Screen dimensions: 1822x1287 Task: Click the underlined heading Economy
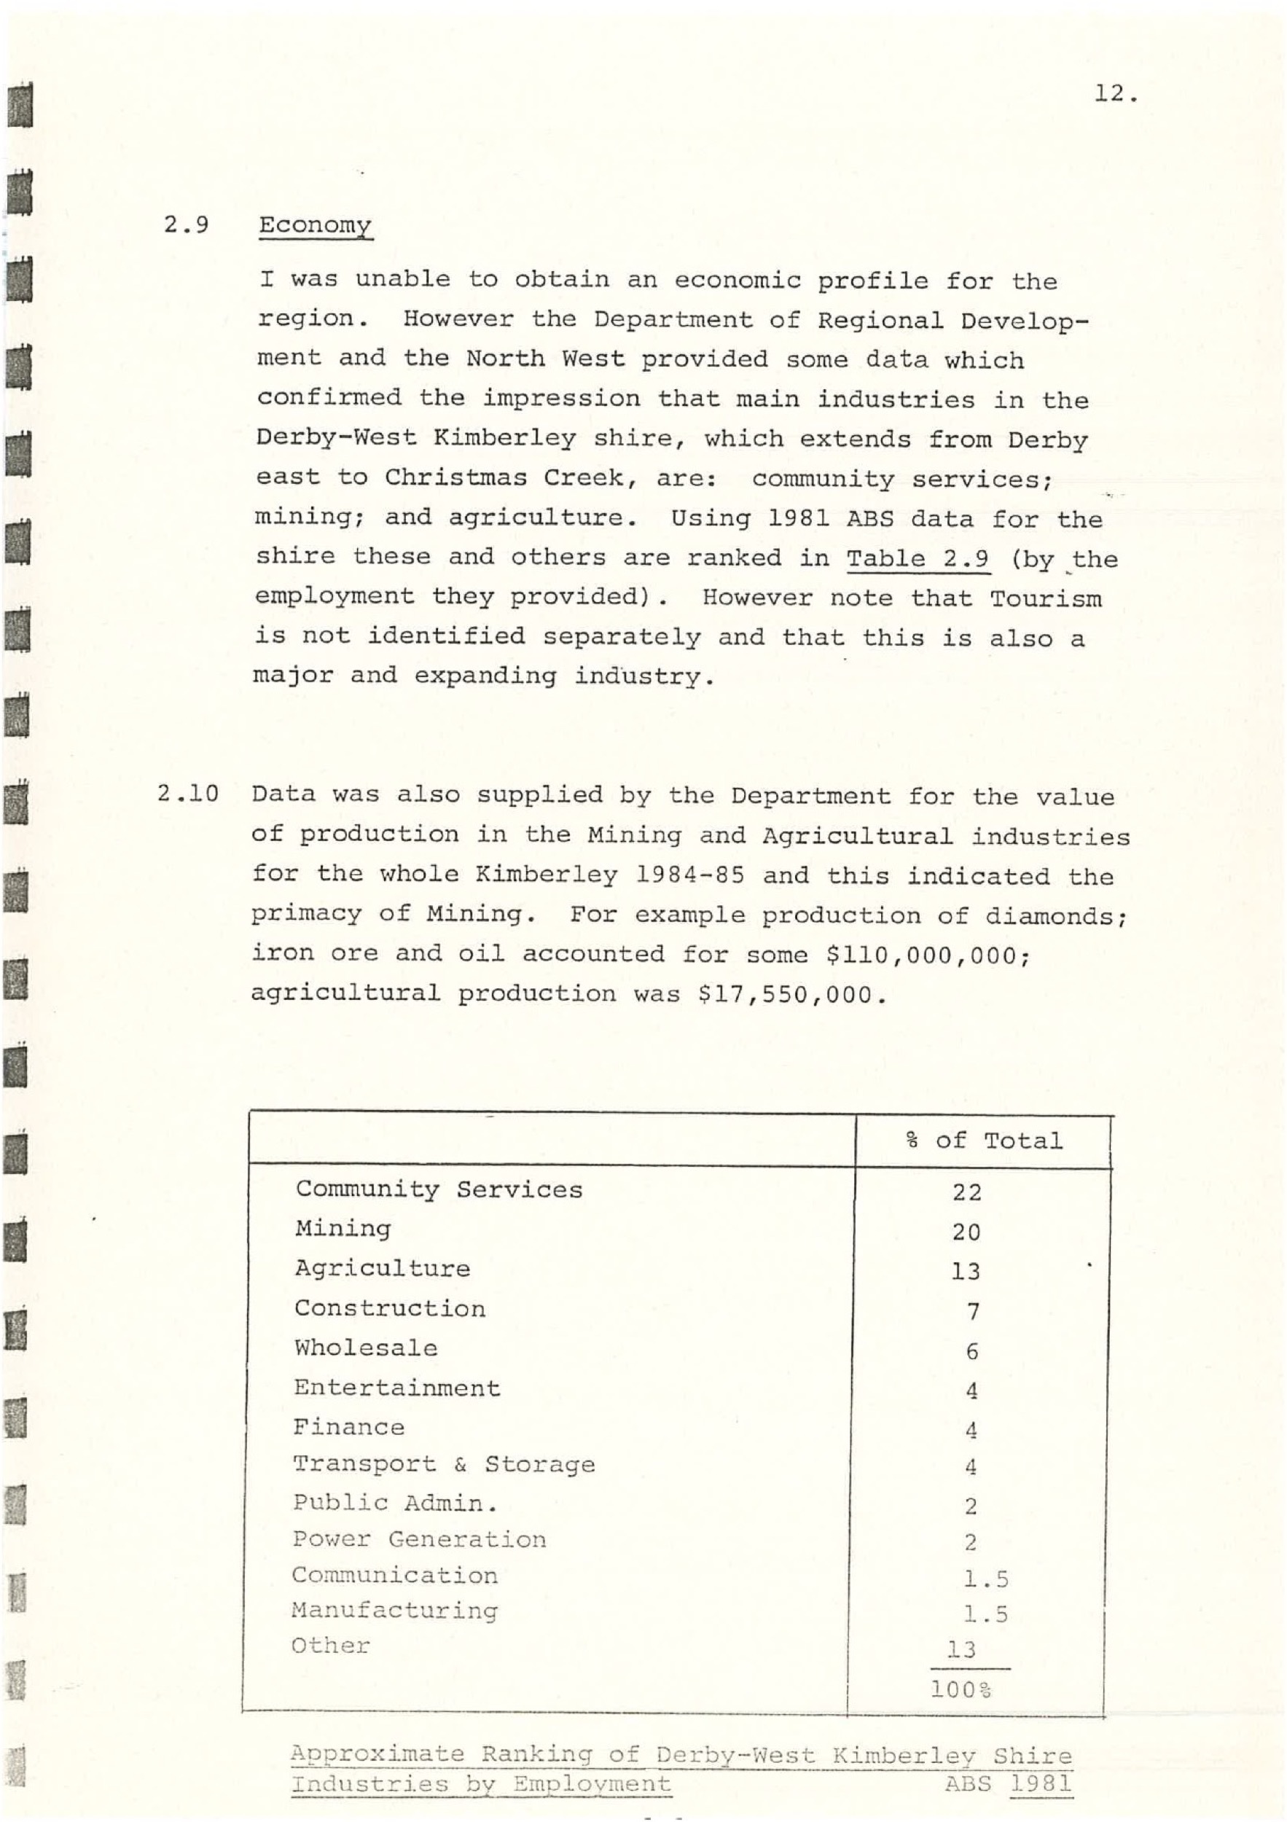(315, 225)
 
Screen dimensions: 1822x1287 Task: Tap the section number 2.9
(187, 224)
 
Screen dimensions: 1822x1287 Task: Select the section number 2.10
(188, 793)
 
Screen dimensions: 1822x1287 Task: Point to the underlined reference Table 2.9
(918, 559)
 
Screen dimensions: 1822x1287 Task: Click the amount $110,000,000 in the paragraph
(927, 955)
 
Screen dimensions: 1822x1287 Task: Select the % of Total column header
(984, 1141)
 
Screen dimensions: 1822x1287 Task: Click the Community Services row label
(439, 1189)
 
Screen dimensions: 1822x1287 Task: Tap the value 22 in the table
(967, 1192)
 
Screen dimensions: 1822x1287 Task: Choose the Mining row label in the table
(343, 1229)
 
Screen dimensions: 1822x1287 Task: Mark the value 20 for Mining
(967, 1232)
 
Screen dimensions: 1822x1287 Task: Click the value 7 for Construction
(973, 1311)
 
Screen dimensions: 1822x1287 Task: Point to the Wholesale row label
(366, 1348)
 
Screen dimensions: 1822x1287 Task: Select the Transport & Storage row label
(444, 1464)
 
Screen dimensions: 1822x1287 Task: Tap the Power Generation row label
(419, 1539)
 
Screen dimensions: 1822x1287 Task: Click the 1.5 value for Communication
(986, 1579)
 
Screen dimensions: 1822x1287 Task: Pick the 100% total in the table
(961, 1689)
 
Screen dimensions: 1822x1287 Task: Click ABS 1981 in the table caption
(1008, 1784)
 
